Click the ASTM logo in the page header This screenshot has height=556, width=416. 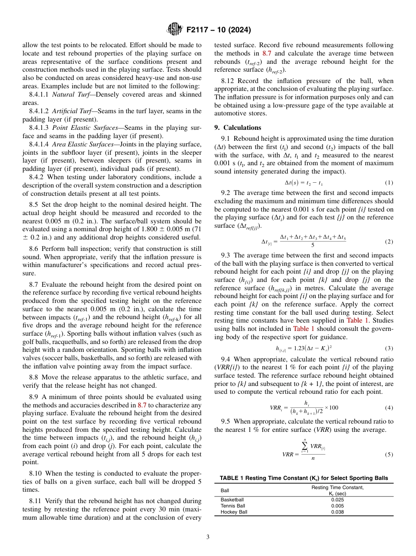175,30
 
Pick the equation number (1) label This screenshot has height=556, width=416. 388,182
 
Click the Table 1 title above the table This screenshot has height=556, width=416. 303,478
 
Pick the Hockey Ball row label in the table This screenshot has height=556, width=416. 234,512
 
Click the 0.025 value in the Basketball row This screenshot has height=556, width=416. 337,500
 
